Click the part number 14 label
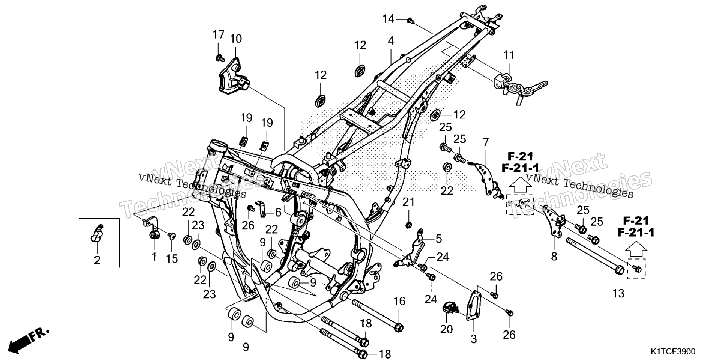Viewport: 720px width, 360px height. [x=388, y=18]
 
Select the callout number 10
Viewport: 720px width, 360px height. [x=236, y=39]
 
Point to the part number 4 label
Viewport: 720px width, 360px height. [x=391, y=41]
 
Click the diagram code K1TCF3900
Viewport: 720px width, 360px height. [x=673, y=352]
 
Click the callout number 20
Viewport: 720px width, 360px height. [x=447, y=329]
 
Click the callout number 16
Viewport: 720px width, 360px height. [x=399, y=301]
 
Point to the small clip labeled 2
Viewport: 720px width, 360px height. [x=96, y=234]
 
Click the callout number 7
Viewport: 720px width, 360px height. [x=486, y=142]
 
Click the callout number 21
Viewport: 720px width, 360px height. [x=409, y=202]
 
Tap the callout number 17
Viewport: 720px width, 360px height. [x=219, y=35]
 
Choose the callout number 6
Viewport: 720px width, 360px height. [x=278, y=213]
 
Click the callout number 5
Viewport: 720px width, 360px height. [x=439, y=238]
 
